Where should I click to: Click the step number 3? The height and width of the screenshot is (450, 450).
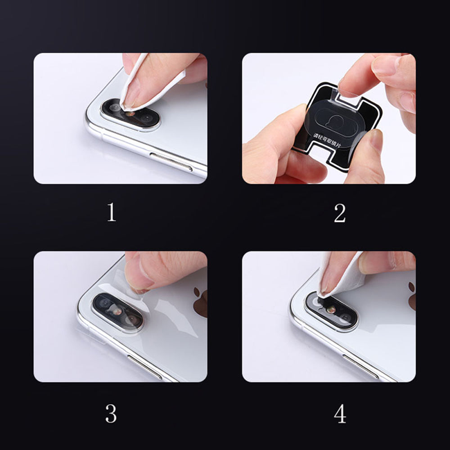point(111,413)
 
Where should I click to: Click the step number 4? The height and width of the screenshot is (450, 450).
point(340,413)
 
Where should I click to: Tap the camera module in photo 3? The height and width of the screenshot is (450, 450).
point(118,312)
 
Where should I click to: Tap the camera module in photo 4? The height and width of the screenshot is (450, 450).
point(332,310)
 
